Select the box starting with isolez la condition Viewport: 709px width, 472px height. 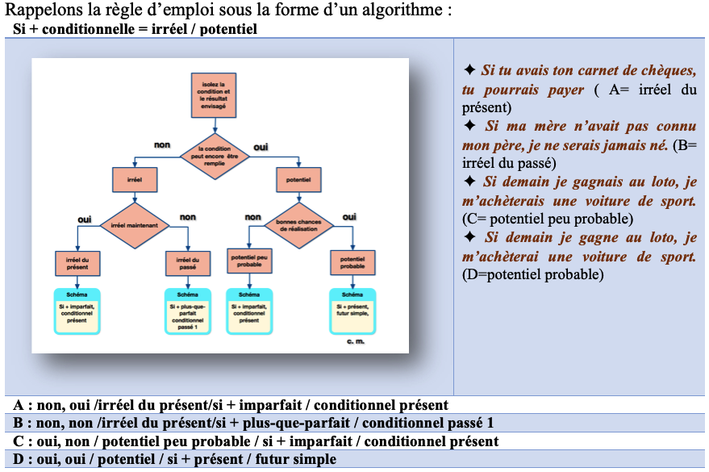click(213, 93)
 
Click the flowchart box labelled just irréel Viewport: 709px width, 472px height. click(133, 179)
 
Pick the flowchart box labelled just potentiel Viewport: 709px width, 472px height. click(298, 179)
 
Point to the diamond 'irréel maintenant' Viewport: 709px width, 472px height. click(133, 227)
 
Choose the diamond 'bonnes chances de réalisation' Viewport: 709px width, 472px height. click(298, 227)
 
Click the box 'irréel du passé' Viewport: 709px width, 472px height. click(188, 264)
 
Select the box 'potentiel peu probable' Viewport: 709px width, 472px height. click(249, 264)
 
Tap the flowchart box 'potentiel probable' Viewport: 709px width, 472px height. click(352, 264)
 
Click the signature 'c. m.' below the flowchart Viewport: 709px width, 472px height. click(356, 342)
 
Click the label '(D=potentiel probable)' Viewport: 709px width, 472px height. click(533, 275)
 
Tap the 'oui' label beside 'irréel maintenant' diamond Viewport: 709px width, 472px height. click(84, 219)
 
